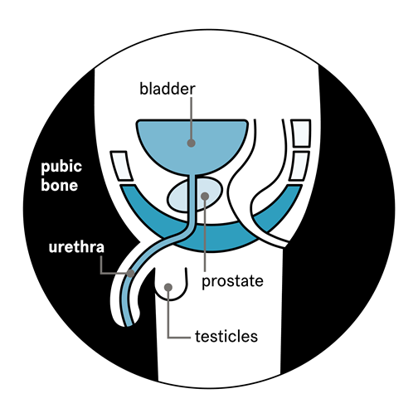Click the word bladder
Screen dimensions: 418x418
point(168,89)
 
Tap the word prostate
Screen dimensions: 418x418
point(232,282)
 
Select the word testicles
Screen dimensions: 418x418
point(226,337)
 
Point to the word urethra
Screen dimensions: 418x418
point(76,247)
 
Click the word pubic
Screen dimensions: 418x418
point(61,168)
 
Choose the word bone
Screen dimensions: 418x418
point(59,185)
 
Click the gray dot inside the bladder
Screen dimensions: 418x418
point(191,143)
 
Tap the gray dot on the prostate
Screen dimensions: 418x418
point(205,196)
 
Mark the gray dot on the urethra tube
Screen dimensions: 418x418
point(130,273)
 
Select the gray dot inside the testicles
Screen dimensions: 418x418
point(168,287)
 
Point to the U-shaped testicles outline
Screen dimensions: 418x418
point(171,299)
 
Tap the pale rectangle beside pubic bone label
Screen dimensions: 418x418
point(122,166)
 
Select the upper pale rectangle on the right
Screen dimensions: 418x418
point(301,134)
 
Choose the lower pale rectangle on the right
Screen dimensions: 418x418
point(299,166)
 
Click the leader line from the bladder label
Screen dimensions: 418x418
point(192,118)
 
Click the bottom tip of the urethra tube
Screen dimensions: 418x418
point(129,325)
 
